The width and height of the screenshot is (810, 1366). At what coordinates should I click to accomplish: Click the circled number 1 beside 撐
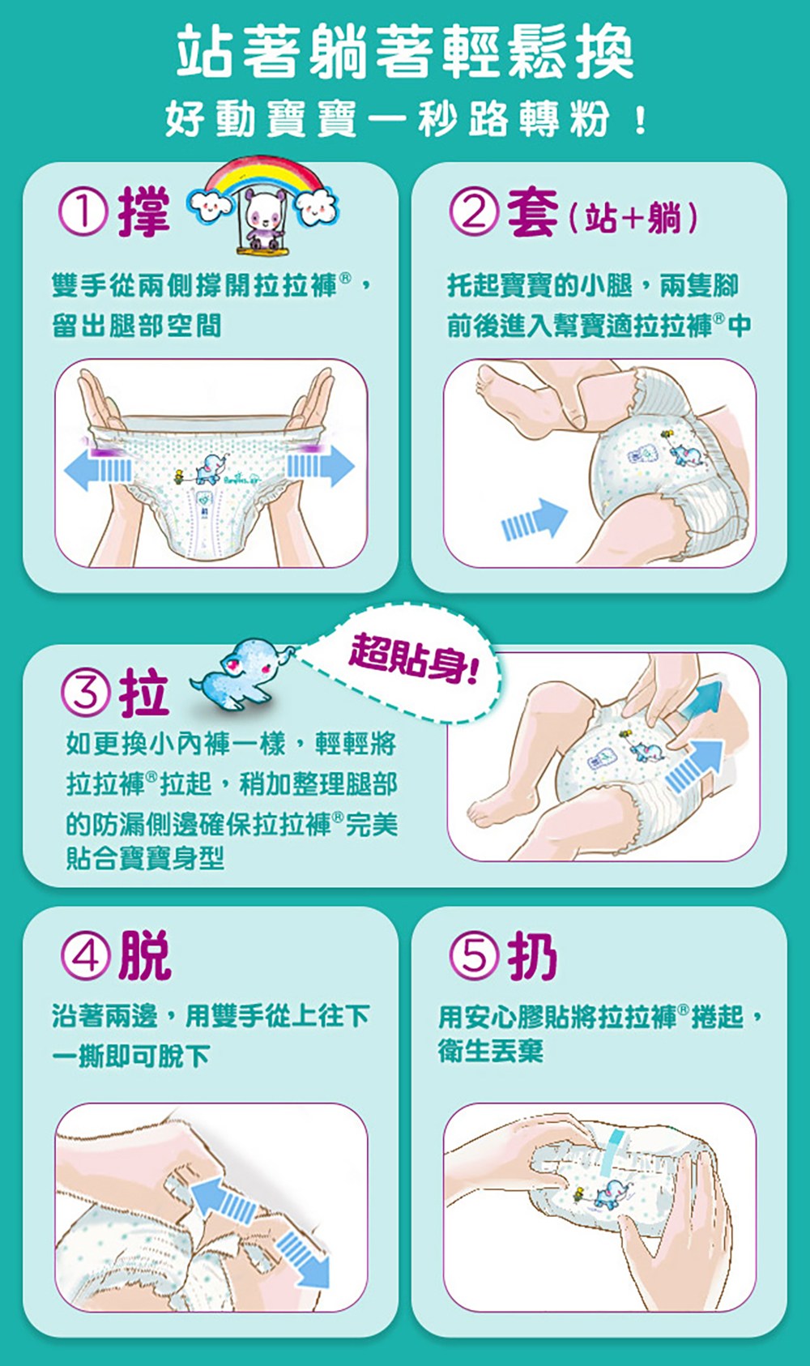[x=83, y=212]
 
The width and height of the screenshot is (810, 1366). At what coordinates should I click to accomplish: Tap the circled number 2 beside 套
[x=474, y=212]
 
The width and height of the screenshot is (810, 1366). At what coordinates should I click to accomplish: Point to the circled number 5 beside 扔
[x=474, y=956]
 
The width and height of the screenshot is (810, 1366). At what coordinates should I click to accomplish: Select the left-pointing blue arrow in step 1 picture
[x=97, y=467]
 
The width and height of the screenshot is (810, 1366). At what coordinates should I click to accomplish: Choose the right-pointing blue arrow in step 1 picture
[x=320, y=466]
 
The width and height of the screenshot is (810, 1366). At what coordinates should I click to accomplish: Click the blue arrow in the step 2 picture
[x=534, y=519]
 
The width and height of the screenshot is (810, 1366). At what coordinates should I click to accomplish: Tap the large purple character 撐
[x=144, y=212]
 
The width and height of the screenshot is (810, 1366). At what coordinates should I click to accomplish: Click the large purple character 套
[x=532, y=212]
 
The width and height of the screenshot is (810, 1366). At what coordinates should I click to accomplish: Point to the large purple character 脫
[x=145, y=955]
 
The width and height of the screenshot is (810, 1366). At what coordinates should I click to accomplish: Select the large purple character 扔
[x=532, y=955]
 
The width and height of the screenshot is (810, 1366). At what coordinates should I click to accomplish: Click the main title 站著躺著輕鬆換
[x=405, y=51]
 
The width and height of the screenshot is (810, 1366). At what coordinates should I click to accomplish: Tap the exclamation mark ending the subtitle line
[x=639, y=120]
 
